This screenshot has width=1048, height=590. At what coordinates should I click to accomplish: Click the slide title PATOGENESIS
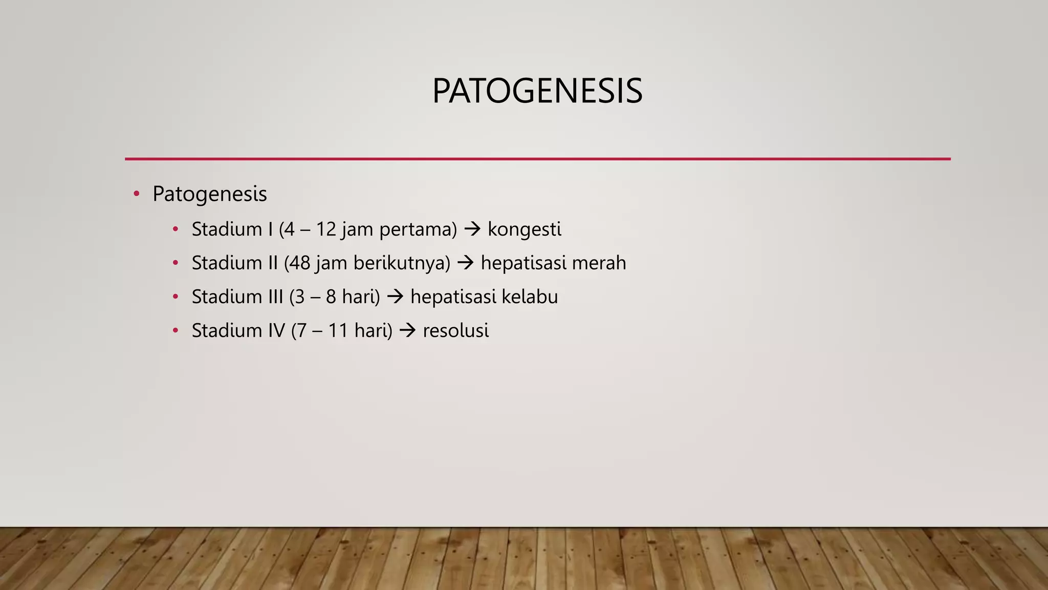[537, 91]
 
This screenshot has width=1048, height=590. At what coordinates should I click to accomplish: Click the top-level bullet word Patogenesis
[209, 194]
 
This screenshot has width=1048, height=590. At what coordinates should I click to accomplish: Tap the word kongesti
[524, 229]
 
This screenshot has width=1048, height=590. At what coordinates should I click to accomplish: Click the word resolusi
[455, 330]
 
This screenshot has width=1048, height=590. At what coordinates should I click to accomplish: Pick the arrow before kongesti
[472, 229]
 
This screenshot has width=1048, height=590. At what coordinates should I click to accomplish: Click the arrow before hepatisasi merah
[466, 263]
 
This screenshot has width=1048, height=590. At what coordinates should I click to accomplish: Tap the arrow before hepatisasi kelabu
[395, 297]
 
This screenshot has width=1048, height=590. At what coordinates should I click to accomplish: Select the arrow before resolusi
[407, 330]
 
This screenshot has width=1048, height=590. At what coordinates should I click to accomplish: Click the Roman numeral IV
[276, 330]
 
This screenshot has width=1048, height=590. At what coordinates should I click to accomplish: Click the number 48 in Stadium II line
[299, 263]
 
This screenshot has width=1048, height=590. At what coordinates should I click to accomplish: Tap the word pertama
[418, 229]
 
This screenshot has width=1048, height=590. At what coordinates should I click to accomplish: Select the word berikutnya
[402, 263]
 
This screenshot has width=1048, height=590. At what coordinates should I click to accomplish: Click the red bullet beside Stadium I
[176, 229]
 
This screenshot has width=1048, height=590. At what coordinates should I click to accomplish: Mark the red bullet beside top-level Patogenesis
[136, 194]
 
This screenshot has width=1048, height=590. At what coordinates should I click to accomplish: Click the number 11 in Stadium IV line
[338, 330]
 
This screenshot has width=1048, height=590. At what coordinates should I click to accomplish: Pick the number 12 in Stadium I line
[325, 229]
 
